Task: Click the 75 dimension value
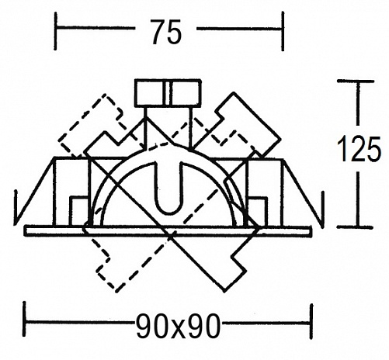166,32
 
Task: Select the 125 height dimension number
359,149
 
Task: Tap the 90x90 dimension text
178,326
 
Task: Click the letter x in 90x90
178,329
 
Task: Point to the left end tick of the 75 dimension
56,31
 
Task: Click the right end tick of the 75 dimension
283,31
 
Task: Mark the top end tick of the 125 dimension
356,81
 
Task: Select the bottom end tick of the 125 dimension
356,227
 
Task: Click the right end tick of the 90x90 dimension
311,320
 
